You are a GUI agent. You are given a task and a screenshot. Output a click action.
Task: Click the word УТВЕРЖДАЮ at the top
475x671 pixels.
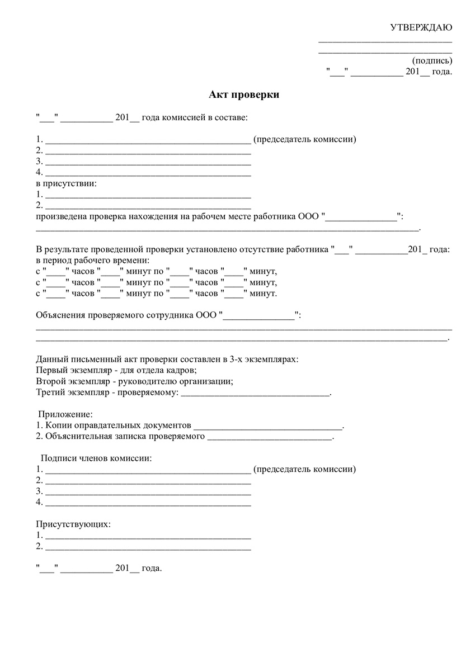coord(421,28)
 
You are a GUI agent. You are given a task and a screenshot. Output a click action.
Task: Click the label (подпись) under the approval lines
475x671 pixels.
coord(432,60)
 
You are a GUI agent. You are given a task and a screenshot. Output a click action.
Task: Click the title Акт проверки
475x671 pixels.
coord(244,95)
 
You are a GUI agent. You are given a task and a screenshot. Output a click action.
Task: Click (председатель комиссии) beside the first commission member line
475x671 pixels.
coord(304,139)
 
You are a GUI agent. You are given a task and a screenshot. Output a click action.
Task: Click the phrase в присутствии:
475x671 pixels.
coord(66,183)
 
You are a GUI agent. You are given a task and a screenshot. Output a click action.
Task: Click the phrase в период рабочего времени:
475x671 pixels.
coord(92,261)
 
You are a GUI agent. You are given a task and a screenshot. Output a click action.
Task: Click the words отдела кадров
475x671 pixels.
coord(170,370)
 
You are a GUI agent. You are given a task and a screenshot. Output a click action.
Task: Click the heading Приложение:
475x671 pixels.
coord(64,414)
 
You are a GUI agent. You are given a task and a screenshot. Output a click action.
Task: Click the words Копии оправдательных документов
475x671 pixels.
coord(118,426)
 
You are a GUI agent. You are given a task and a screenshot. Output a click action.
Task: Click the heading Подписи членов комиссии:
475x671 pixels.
coord(96,459)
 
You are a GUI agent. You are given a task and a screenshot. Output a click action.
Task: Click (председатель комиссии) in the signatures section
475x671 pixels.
coord(304,469)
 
